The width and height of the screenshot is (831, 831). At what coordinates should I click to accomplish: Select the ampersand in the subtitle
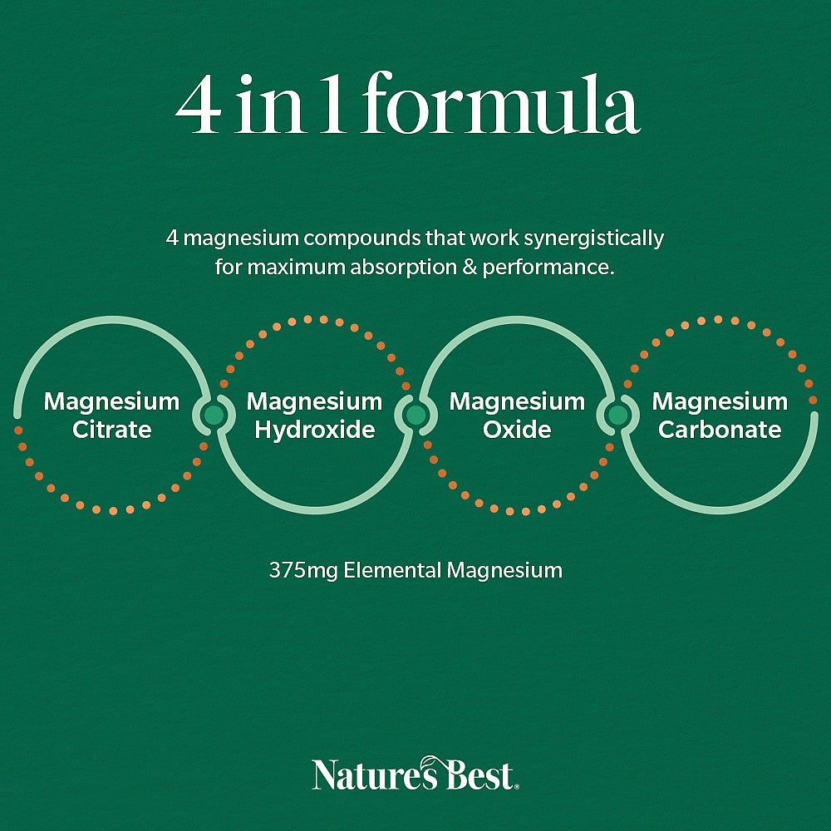(x=470, y=267)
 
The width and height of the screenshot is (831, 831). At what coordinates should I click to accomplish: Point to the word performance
(x=548, y=268)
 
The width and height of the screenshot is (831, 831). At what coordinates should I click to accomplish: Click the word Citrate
(x=112, y=430)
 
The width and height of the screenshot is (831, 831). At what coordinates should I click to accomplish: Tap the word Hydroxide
(x=315, y=430)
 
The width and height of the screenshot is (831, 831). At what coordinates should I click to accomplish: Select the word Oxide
(x=517, y=430)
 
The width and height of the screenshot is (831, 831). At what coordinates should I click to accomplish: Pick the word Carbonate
(x=720, y=430)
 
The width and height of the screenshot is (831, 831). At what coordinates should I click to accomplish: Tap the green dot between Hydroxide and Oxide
(x=416, y=415)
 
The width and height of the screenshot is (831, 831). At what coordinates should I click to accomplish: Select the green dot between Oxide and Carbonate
(x=617, y=415)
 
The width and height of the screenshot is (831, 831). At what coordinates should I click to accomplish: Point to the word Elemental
(x=392, y=570)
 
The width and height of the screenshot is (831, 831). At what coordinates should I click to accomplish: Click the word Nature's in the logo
(x=376, y=774)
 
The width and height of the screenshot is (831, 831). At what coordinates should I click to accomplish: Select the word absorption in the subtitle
(x=403, y=268)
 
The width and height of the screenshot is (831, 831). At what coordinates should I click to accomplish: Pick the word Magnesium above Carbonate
(x=720, y=401)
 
